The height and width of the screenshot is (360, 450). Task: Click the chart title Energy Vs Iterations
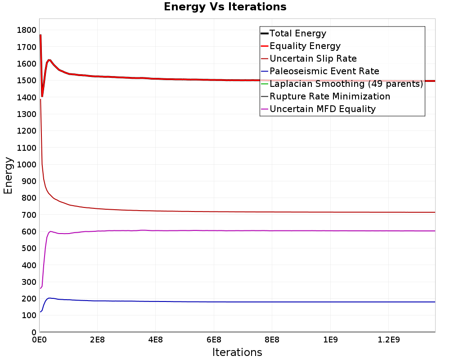click(x=225, y=7)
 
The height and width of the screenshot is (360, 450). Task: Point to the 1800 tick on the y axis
click(x=27, y=30)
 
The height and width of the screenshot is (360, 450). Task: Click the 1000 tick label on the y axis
click(x=27, y=165)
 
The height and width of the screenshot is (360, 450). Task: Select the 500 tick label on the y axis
click(x=29, y=248)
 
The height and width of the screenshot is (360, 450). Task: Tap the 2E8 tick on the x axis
click(x=97, y=340)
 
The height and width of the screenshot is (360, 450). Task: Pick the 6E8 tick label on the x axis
click(x=214, y=340)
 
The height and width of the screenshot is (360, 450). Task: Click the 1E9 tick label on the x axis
click(x=330, y=340)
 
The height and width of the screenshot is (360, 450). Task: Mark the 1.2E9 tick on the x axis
click(x=389, y=340)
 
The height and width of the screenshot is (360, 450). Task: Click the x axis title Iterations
click(x=237, y=352)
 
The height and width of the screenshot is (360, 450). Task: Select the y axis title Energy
click(x=8, y=175)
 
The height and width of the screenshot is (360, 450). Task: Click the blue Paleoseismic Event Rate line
click(x=238, y=301)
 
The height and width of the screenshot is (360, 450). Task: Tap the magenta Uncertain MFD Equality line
click(x=238, y=230)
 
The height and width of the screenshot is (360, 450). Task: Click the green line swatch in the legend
click(x=265, y=84)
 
